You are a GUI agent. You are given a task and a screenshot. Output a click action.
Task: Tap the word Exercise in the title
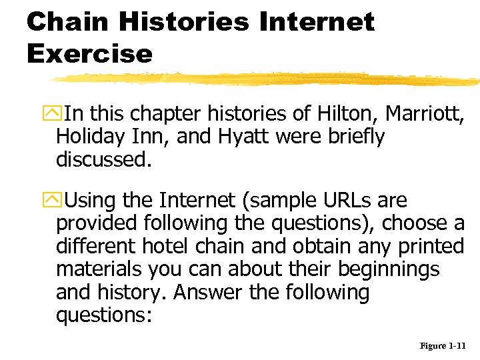tap(89, 53)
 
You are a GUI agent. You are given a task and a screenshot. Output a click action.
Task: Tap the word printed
tap(431, 247)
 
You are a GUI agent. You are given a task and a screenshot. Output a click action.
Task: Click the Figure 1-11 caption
tap(443, 346)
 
